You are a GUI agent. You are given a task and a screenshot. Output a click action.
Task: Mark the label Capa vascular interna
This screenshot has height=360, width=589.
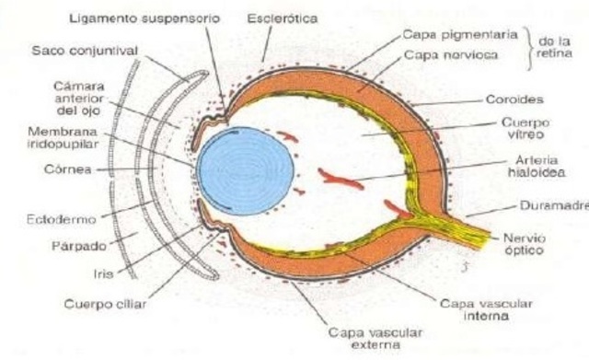tap(474, 308)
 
